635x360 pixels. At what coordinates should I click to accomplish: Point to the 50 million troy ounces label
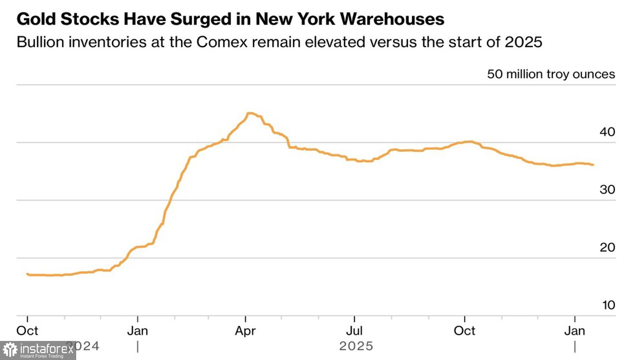(x=551, y=74)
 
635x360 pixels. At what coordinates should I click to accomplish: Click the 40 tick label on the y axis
(x=607, y=132)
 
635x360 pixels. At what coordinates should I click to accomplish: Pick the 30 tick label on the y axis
(x=607, y=190)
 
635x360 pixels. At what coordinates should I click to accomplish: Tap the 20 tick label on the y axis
(x=607, y=247)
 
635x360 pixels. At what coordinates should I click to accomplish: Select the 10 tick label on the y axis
(x=608, y=305)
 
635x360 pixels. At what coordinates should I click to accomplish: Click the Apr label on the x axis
(x=246, y=331)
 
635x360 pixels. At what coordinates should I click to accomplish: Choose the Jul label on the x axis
(x=354, y=331)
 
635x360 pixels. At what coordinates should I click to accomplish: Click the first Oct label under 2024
(x=27, y=331)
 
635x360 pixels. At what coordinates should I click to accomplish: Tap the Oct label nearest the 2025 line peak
(x=464, y=331)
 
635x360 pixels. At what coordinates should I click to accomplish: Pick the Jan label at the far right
(x=574, y=331)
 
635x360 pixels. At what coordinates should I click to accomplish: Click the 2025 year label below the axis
(x=356, y=346)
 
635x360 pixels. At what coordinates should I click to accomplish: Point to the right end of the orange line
(x=593, y=165)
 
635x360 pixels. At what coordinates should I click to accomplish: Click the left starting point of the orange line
(x=27, y=274)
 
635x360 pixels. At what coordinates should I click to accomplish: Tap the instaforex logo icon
(x=10, y=350)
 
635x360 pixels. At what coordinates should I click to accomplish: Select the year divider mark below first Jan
(x=138, y=347)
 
